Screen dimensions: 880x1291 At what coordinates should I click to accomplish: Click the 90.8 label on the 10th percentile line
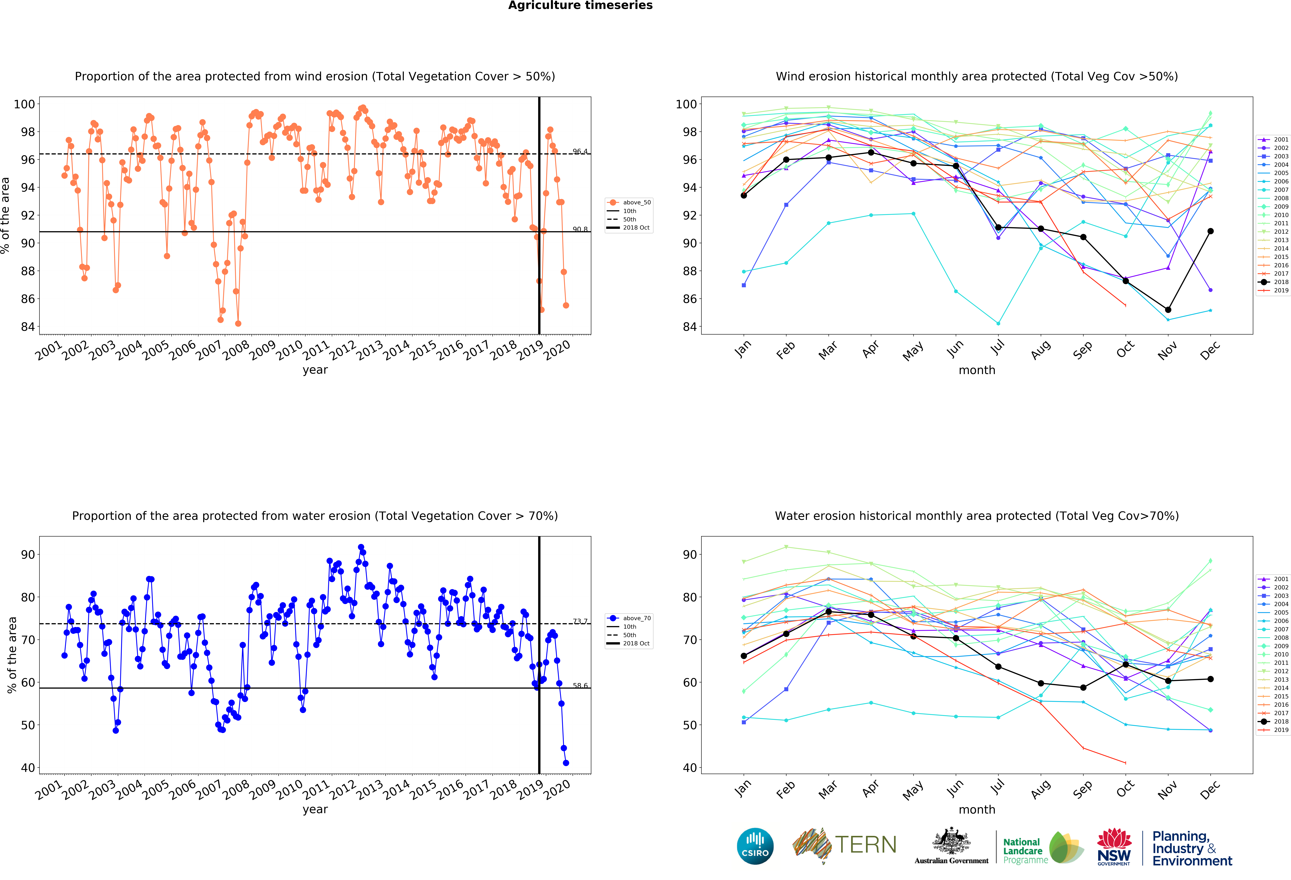coord(580,229)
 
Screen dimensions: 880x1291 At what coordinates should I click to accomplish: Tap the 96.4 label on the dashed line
coord(580,151)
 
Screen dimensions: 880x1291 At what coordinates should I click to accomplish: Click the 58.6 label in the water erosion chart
coord(580,686)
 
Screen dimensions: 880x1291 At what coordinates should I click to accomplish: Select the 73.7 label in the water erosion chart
coord(580,621)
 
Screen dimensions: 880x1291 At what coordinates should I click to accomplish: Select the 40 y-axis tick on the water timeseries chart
coord(28,768)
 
